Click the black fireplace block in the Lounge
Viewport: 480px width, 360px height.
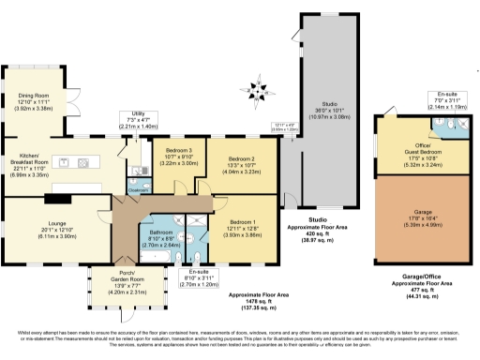pyautogui.click(x=58, y=197)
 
